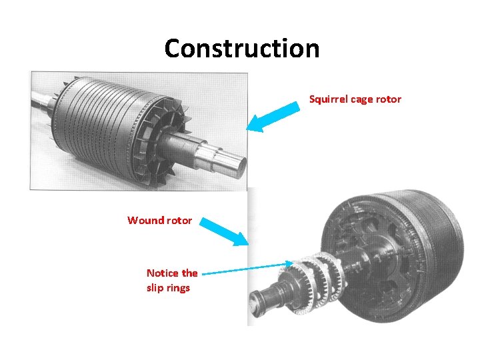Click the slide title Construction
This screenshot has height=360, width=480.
tap(241, 48)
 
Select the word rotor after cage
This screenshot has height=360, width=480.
tap(389, 99)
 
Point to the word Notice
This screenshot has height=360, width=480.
tap(163, 273)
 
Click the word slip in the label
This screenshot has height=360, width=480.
tap(155, 288)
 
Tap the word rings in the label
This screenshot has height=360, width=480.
tap(177, 288)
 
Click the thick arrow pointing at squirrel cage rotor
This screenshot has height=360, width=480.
tap(273, 115)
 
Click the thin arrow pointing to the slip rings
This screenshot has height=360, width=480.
tap(247, 269)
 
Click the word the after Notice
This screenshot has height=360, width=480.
tap(190, 273)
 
